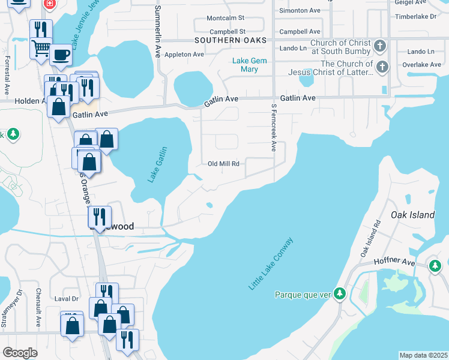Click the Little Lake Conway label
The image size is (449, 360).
click(271, 265)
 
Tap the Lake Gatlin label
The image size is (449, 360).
click(158, 165)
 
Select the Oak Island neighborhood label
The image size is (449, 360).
click(412, 215)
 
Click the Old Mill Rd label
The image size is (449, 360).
click(224, 164)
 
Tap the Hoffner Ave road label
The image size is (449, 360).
click(394, 262)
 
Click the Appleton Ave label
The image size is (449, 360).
click(184, 55)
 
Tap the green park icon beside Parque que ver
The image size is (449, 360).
click(340, 293)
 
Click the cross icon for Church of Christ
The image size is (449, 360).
click(379, 46)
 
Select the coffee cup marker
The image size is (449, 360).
click(61, 55)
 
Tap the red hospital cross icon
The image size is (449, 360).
click(49, 4)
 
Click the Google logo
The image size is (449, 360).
click(20, 353)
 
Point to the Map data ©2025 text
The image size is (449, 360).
click(423, 355)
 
